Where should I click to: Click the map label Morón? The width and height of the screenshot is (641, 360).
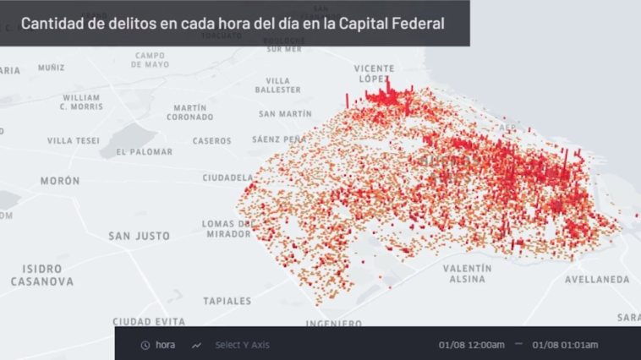click(60, 181)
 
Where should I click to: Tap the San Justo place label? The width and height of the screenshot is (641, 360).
click(140, 237)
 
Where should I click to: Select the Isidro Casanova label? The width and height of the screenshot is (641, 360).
click(42, 275)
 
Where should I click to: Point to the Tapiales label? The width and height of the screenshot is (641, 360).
click(227, 301)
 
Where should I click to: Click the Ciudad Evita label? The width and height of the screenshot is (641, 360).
click(149, 322)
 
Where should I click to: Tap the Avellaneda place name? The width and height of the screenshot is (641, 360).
click(597, 280)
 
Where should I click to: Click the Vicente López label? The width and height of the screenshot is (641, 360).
click(373, 73)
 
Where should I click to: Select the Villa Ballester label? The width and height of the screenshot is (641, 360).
click(277, 85)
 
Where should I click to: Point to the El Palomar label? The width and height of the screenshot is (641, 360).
click(145, 152)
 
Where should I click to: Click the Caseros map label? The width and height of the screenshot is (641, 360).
click(211, 141)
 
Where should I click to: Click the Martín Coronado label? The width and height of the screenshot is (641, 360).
click(189, 112)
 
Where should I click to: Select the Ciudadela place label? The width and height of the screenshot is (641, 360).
click(227, 178)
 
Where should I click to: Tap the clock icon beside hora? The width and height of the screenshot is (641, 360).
click(145, 345)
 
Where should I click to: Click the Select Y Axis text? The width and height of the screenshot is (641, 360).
click(242, 345)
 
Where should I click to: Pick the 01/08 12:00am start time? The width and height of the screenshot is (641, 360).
click(471, 345)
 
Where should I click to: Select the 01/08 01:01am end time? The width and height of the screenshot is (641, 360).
click(565, 345)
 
